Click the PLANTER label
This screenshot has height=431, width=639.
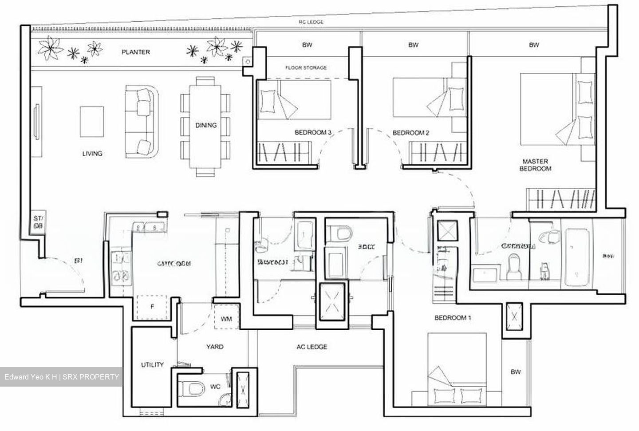[136, 52]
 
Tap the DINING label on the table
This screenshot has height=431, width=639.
[206, 125]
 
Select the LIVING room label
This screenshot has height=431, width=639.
[92, 154]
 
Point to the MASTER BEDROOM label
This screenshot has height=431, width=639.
[535, 165]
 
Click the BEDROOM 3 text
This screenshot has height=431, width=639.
[313, 133]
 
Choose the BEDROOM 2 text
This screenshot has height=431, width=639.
[411, 133]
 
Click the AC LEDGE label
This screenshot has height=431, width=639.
[312, 347]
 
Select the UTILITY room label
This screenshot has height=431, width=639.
[152, 365]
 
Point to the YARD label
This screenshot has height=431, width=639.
[215, 347]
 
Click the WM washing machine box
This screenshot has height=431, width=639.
[226, 319]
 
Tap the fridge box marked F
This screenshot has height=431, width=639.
[152, 307]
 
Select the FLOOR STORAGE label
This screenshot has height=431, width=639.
[306, 67]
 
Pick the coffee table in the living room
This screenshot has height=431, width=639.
[92, 122]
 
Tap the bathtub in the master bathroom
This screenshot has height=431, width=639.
[577, 253]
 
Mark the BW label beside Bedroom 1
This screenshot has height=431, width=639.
[515, 372]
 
